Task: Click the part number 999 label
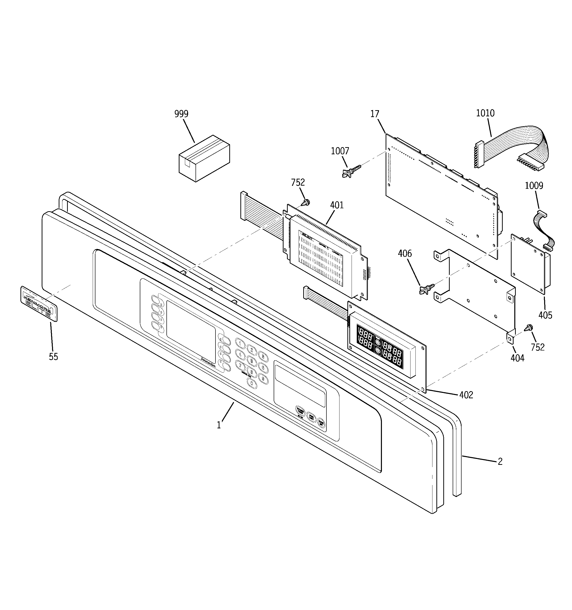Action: click(181, 114)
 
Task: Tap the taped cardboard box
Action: click(204, 159)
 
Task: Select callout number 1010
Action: click(485, 113)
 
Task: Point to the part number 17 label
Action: click(375, 114)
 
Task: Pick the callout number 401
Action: click(337, 205)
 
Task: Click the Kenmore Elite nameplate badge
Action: click(39, 304)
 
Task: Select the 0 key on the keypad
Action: click(251, 383)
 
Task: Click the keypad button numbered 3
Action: click(263, 356)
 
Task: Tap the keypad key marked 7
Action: click(240, 365)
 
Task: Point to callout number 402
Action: click(466, 395)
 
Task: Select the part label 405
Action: click(545, 315)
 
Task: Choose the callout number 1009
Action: click(534, 186)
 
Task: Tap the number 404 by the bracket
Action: click(517, 358)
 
